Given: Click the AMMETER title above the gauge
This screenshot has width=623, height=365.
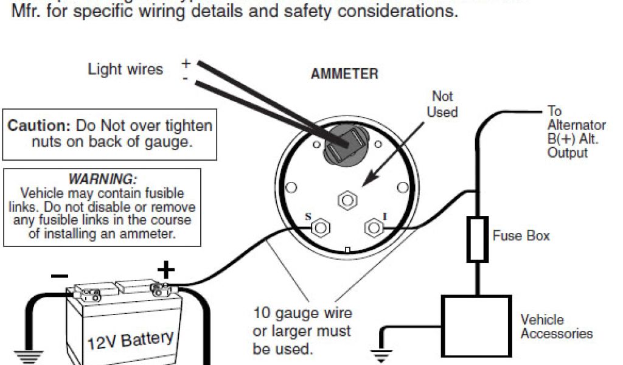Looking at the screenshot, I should tap(344, 74).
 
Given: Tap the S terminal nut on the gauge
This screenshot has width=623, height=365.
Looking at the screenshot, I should tap(321, 228).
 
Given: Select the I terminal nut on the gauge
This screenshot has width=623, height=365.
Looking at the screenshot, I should tap(372, 228).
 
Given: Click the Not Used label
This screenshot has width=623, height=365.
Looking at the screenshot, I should tap(442, 104).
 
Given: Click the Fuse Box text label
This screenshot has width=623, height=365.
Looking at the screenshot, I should tap(521, 235).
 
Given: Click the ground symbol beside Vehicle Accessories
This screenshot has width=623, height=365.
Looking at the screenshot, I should tap(381, 355).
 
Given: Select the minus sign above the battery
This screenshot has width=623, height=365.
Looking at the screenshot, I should tap(60, 275).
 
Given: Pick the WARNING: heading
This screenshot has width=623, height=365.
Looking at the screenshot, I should tap(102, 179).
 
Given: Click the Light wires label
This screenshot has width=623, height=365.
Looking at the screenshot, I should tap(125, 69).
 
